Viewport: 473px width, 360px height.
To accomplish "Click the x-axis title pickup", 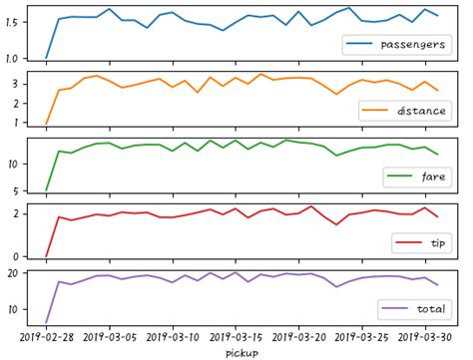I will click(x=242, y=352).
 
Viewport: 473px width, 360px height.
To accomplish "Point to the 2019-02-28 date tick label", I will click(x=47, y=336).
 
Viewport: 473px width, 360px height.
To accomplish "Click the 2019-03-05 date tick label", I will click(x=110, y=336).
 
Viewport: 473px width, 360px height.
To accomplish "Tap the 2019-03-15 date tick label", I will click(x=236, y=336).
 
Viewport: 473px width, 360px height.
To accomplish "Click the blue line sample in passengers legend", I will click(x=359, y=46).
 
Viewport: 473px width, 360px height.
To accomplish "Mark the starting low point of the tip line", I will click(x=47, y=256).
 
